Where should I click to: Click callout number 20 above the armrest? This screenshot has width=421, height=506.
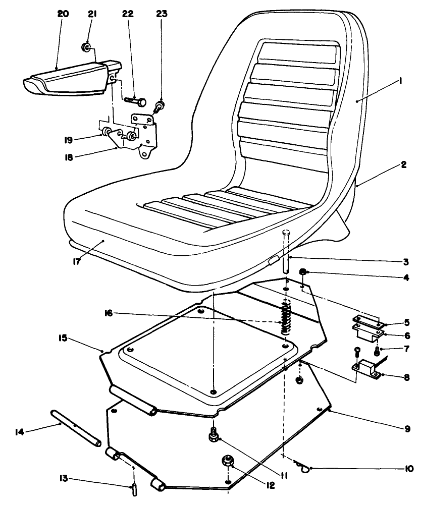coord(63,15)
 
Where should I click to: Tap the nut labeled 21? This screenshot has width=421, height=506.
coord(86,48)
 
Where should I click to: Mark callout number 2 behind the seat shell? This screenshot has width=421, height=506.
coord(403,165)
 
